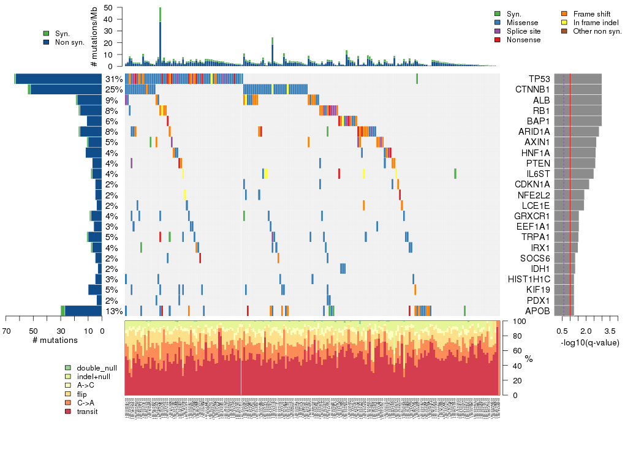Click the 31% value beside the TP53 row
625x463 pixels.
[113, 79]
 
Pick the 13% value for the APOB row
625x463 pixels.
[113, 311]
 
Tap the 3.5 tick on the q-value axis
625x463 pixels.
[610, 331]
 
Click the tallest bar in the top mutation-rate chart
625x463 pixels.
[160, 37]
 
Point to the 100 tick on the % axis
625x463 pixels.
[518, 321]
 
